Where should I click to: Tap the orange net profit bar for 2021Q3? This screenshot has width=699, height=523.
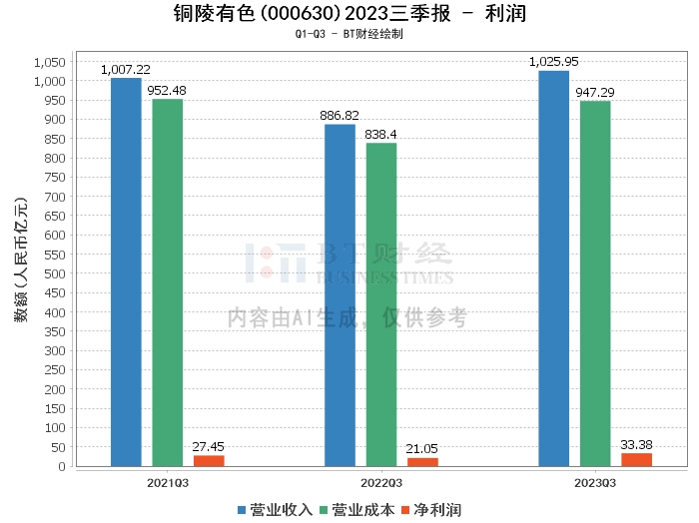[x=210, y=460]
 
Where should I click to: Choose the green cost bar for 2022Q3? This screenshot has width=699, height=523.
[x=381, y=304]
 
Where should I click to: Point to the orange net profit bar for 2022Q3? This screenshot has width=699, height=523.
[x=422, y=461]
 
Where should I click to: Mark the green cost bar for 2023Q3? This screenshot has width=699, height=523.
[x=595, y=283]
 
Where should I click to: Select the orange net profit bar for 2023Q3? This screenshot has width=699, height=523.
[x=636, y=459]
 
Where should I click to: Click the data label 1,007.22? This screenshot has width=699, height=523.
[x=126, y=70]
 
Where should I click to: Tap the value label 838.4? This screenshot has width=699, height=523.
[x=381, y=134]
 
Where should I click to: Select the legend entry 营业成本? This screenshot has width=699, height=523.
[x=359, y=510]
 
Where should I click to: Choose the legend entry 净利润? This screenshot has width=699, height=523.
[x=431, y=510]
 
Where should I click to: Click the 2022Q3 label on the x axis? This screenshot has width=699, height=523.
[x=380, y=482]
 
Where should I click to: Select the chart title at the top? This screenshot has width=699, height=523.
[x=349, y=15]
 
